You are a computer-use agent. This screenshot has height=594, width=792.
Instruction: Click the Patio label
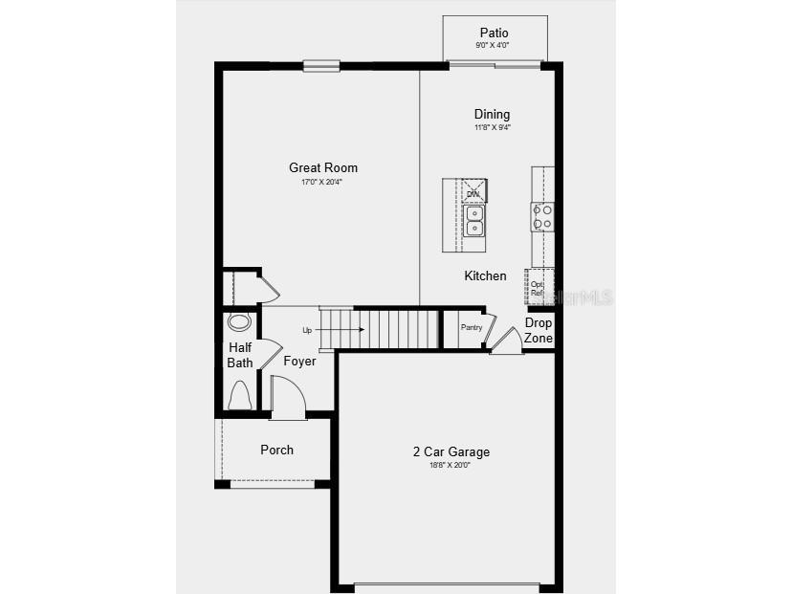click(494, 33)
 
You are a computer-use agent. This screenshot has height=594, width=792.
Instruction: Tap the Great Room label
click(323, 167)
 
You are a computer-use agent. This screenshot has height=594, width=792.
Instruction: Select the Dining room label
click(492, 115)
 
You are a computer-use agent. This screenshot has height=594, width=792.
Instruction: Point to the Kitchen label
click(485, 275)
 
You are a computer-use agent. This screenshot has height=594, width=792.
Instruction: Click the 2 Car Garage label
click(451, 451)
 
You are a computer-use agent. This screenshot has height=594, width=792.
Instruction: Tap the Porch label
click(277, 450)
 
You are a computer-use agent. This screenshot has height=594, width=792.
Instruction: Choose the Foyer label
click(299, 361)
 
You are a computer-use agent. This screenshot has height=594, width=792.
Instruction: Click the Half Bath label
click(240, 355)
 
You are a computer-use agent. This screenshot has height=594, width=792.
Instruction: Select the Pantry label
click(471, 327)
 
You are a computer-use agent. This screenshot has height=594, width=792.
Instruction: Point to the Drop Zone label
click(539, 330)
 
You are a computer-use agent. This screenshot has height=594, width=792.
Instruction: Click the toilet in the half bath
click(240, 395)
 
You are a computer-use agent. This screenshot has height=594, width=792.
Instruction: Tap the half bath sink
click(239, 321)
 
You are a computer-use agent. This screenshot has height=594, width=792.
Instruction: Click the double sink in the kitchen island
click(474, 221)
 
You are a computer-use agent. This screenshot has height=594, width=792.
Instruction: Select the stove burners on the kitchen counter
click(542, 217)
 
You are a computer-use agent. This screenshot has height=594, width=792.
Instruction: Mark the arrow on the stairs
click(351, 330)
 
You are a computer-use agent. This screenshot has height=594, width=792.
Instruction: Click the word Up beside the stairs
click(307, 330)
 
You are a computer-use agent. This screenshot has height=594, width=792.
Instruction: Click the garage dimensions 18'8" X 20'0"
click(451, 466)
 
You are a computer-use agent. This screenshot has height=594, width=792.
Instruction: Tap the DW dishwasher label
click(473, 194)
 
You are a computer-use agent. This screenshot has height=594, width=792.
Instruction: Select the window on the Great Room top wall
click(321, 66)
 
